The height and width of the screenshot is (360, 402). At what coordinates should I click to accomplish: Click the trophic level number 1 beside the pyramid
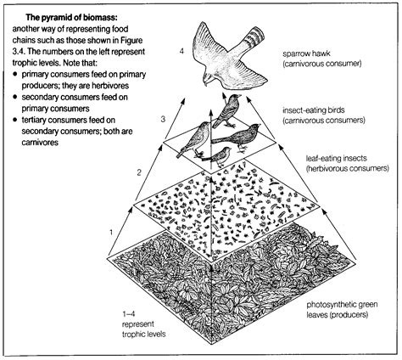tap(109, 230)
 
